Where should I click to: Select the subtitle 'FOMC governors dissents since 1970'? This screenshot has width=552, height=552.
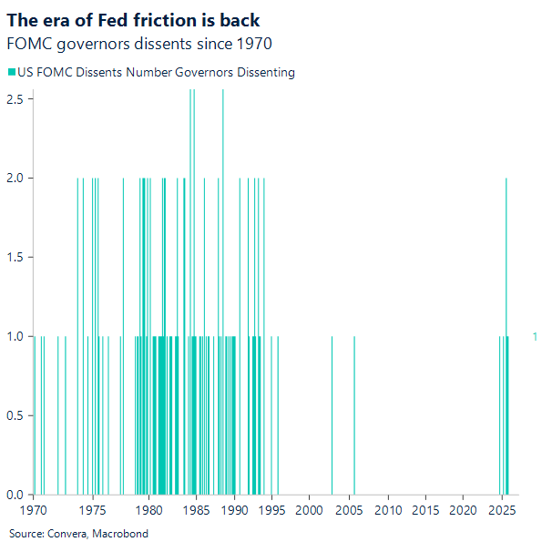click(x=138, y=43)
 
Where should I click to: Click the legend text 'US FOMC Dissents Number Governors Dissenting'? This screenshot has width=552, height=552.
click(x=156, y=73)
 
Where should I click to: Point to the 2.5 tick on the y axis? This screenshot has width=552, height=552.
click(x=17, y=97)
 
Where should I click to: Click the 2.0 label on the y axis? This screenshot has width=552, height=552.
click(x=17, y=178)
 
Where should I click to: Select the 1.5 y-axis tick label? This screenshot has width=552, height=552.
click(x=17, y=257)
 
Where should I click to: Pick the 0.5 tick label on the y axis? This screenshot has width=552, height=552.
click(x=17, y=416)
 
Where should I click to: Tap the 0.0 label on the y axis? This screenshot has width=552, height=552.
click(x=17, y=496)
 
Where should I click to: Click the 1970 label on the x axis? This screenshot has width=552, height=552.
click(x=34, y=512)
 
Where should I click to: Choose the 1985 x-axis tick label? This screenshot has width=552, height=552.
click(x=192, y=512)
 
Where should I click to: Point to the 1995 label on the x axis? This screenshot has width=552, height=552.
click(x=271, y=512)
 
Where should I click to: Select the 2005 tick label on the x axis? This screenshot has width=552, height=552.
click(x=350, y=512)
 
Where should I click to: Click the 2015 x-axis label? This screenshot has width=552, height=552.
click(x=428, y=512)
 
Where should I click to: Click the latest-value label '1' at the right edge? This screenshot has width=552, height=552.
click(x=535, y=337)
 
